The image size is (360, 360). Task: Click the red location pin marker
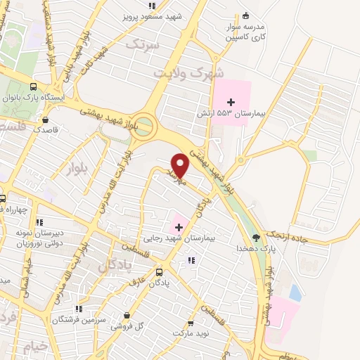pyautogui.click(x=180, y=165)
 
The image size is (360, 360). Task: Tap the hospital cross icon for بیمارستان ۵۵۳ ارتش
pyautogui.click(x=231, y=103)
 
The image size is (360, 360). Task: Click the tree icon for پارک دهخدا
pyautogui.click(x=255, y=238)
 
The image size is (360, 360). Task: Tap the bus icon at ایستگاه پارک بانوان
pyautogui.click(x=34, y=86)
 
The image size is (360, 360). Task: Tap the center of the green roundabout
pyautogui.click(x=143, y=125)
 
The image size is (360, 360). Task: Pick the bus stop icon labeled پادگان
pyautogui.click(x=159, y=271)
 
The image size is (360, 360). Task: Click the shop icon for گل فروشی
pyautogui.click(x=127, y=316)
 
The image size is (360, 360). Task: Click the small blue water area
pyautogui.click(x=295, y=292)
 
